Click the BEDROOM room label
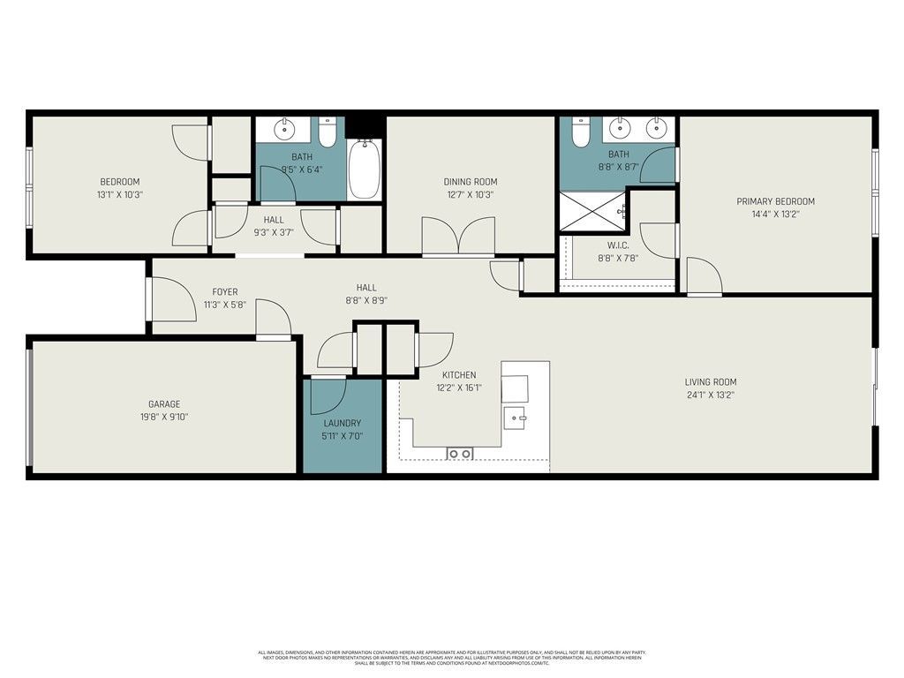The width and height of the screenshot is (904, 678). [119, 182]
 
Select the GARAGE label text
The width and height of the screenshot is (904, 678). [163, 404]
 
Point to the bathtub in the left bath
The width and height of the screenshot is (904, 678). [364, 169]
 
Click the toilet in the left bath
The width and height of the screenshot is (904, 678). [328, 132]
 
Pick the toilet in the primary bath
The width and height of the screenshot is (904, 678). [580, 132]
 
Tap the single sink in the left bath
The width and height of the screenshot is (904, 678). [284, 130]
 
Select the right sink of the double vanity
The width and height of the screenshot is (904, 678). [655, 129]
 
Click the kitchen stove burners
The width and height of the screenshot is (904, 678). [460, 453]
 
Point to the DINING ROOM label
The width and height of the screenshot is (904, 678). [470, 183]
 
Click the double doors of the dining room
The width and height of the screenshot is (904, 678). [457, 236]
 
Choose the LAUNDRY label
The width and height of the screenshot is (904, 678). [343, 424]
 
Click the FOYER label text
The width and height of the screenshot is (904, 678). [224, 292]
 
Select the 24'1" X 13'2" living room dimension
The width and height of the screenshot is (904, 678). [709, 395]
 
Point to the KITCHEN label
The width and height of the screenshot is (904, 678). [459, 375]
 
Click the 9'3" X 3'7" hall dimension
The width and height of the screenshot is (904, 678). [273, 233]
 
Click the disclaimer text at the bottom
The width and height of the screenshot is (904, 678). [452, 657]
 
